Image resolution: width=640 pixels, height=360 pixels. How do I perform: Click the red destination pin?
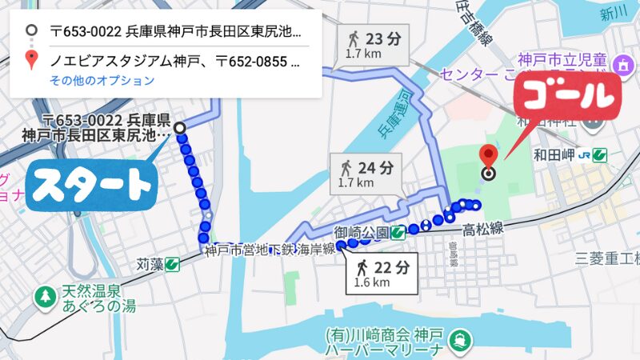488,157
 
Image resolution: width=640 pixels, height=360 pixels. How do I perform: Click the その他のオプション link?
102,80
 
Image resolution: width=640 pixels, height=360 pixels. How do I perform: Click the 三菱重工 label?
608,258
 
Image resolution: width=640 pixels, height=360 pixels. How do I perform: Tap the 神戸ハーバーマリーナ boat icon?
460,340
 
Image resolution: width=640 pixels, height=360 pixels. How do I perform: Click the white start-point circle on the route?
180,127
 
